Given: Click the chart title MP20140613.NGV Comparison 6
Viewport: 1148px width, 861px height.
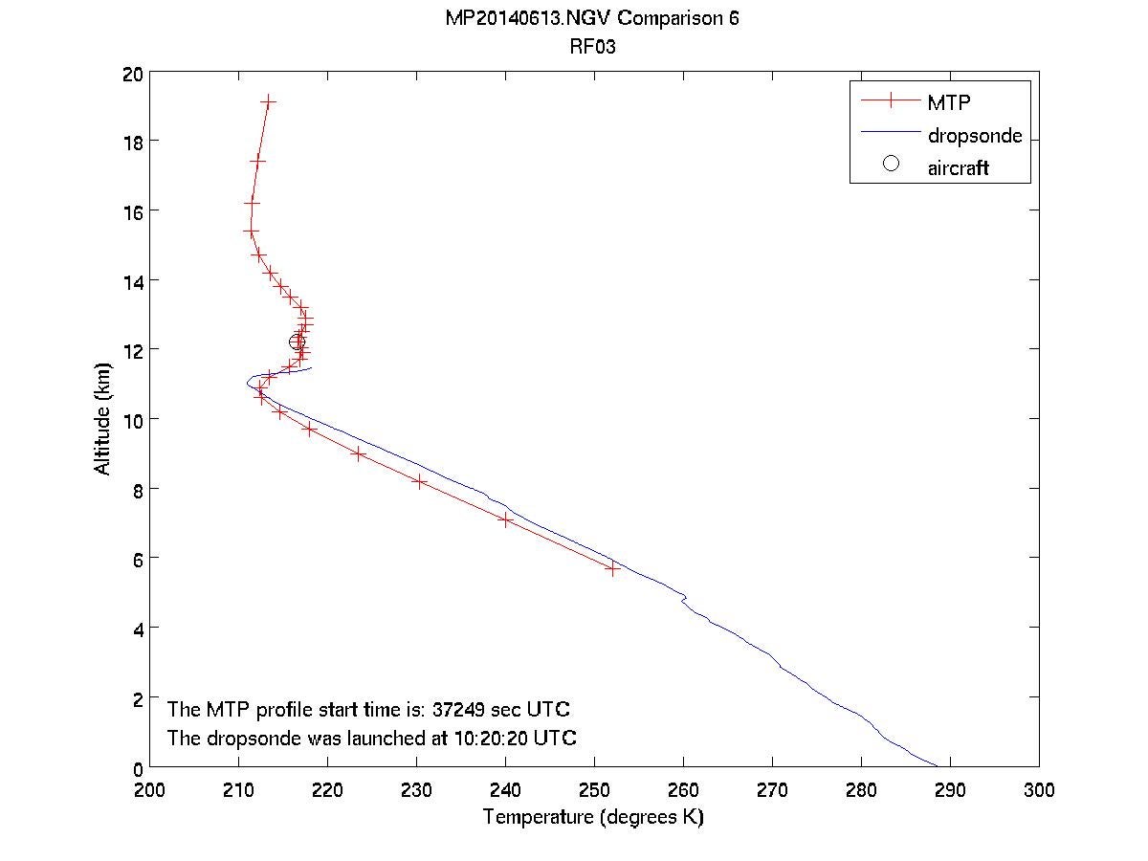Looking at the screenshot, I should (592, 19).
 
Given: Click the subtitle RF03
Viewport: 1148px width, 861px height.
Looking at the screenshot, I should (592, 45).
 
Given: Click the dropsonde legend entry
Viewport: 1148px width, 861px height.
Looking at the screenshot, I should (974, 136).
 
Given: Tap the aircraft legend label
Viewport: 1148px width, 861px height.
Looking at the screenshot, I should (958, 168).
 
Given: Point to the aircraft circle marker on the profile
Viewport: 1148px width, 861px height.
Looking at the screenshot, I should (298, 342).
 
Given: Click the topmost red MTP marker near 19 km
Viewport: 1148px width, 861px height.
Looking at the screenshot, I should (268, 100).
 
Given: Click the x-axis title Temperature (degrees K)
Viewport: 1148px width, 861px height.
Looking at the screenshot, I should (593, 818).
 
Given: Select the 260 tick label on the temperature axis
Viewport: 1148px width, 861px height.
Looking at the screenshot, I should (683, 790).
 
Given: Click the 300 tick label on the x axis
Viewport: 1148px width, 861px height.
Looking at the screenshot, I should (1038, 790).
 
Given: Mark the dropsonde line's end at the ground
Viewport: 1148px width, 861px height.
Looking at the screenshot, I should (937, 765).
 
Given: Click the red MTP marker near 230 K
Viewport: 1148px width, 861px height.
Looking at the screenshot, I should (419, 481).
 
